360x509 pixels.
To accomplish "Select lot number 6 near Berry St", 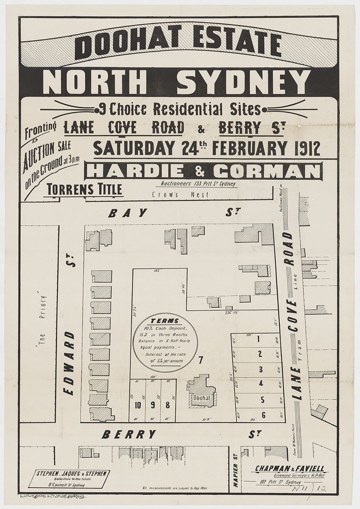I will coord(263,415).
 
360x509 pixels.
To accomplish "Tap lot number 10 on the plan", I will coord(138,405).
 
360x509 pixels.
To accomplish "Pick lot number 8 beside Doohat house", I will coord(167,405).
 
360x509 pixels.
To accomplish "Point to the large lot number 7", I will coord(201,361).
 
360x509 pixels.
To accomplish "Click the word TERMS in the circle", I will coord(165,321).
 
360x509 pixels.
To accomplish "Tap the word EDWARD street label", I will coord(70,363).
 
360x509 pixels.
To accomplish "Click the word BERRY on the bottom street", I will coord(129,434).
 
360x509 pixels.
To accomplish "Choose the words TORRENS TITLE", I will coord(85,189).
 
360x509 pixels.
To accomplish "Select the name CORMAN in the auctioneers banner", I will coord(266,171).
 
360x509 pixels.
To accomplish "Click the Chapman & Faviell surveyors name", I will coord(290,468).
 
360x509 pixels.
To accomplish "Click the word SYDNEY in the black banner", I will coord(243,82).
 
